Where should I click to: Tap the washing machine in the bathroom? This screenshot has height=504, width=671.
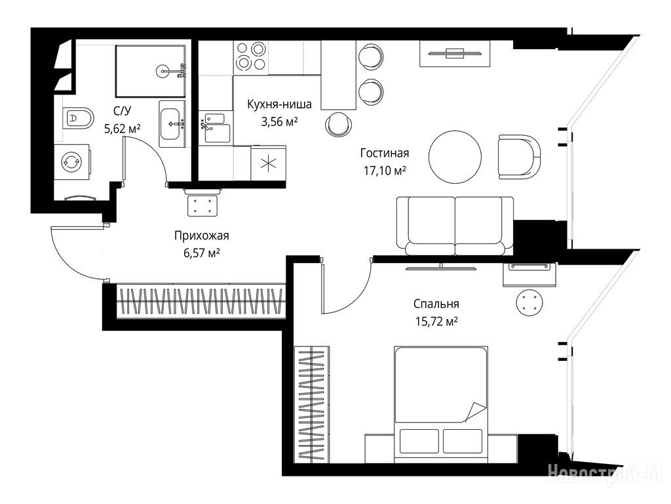(71, 161)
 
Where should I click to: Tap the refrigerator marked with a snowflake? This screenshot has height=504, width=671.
(268, 163)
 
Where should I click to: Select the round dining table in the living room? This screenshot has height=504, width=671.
(455, 157)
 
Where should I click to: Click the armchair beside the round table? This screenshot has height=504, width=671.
(519, 157)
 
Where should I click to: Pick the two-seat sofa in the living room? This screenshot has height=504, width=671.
(455, 226)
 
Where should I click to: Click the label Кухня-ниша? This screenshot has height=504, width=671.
(279, 104)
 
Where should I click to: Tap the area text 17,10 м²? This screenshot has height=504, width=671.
(385, 171)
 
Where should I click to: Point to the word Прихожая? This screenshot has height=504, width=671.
(202, 236)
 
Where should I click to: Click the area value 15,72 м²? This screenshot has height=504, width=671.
(436, 321)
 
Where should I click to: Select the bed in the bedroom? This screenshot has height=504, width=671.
(441, 404)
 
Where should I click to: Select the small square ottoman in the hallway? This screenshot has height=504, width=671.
(202, 205)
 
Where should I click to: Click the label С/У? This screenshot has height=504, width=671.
(123, 110)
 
